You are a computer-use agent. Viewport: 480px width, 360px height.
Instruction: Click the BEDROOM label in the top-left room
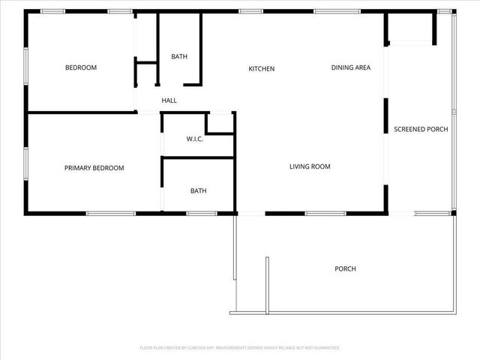tap(81, 67)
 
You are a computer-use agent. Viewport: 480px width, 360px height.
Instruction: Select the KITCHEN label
tap(262, 69)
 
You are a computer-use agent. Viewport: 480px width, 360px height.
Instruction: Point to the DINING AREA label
tap(351, 67)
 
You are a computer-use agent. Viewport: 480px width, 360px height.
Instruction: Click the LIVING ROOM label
tap(310, 166)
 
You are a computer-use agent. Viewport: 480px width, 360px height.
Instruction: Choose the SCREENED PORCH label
tap(421, 129)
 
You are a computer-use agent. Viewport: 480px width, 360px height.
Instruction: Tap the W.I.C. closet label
tap(195, 139)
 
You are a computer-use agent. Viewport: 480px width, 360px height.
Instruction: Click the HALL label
tap(169, 100)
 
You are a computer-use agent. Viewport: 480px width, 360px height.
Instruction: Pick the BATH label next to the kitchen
tap(179, 56)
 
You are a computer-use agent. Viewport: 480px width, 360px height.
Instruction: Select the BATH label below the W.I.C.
tap(198, 190)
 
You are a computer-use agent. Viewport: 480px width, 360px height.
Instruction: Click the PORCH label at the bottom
tap(345, 268)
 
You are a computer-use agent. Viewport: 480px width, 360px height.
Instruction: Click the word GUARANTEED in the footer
tap(325, 348)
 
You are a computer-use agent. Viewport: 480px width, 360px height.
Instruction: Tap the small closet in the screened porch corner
tap(410, 30)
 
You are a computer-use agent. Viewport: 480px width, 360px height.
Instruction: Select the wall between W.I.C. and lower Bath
tap(199, 157)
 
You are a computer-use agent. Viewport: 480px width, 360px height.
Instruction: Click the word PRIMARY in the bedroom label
tap(77, 168)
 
